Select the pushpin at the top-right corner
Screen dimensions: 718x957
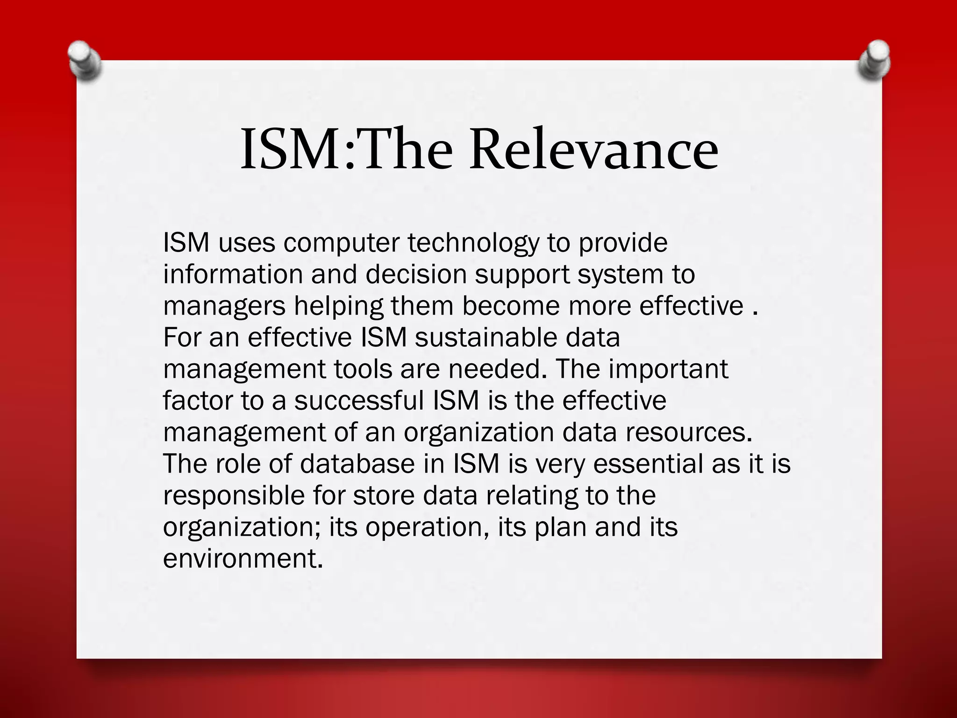[x=874, y=60]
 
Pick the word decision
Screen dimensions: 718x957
[x=416, y=274]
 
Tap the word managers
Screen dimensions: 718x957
[x=224, y=306]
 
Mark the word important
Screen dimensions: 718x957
[x=668, y=369]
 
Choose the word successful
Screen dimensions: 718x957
[x=360, y=401]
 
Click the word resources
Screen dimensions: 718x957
[x=689, y=432]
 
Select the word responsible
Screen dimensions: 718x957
[x=234, y=495]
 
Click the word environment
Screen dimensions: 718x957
[x=243, y=559]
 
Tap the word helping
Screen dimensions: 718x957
[x=338, y=306]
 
